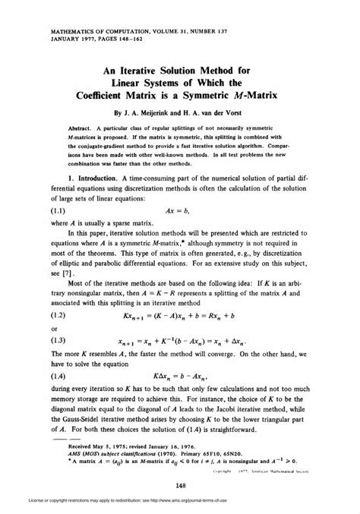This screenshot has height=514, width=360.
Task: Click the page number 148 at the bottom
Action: (180, 465)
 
